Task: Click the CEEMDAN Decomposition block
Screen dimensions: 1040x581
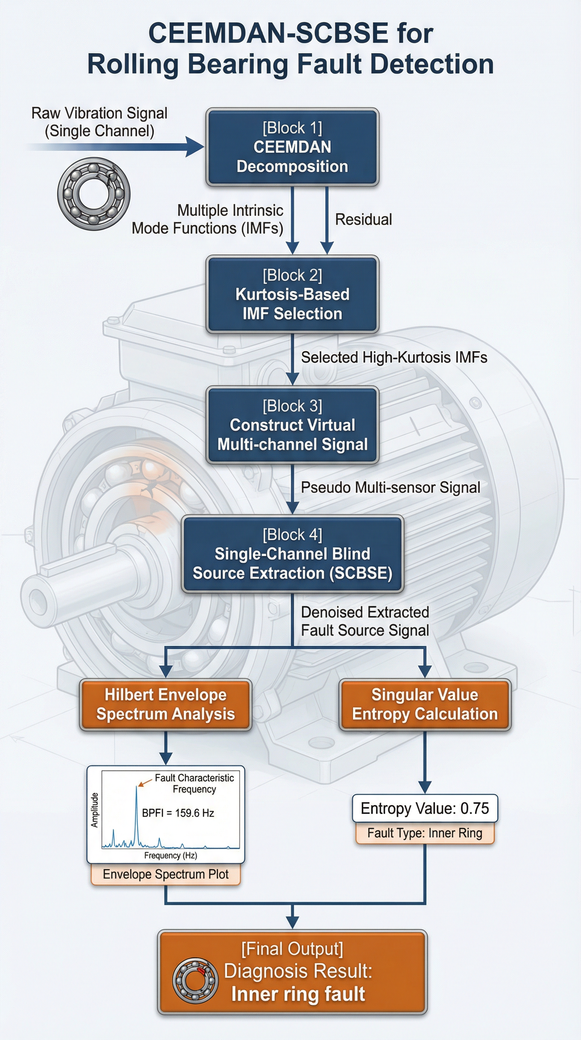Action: point(292,147)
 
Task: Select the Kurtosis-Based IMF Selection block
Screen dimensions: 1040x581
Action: point(292,294)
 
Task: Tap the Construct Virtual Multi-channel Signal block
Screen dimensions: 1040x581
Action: point(292,425)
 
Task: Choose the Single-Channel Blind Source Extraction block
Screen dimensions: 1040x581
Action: point(292,554)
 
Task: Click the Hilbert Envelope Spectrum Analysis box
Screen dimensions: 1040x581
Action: point(165,704)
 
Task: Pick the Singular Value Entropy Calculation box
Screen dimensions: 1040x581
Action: point(425,704)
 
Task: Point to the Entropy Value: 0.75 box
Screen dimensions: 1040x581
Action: point(425,808)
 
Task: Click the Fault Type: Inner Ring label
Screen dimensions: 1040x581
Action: point(425,833)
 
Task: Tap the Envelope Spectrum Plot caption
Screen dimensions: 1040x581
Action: point(165,874)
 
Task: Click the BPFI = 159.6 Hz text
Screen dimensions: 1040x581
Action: point(178,813)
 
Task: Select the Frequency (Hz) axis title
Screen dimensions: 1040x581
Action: point(171,856)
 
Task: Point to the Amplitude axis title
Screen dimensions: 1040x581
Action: point(95,810)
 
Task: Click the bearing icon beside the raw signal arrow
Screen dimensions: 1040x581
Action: point(94,194)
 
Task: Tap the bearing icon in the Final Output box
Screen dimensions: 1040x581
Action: point(195,980)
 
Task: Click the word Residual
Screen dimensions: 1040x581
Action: point(363,220)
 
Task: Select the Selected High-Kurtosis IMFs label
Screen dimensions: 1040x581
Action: point(394,357)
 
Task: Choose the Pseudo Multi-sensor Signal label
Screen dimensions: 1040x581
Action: point(390,487)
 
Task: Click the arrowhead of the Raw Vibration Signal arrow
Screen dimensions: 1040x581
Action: point(195,146)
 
